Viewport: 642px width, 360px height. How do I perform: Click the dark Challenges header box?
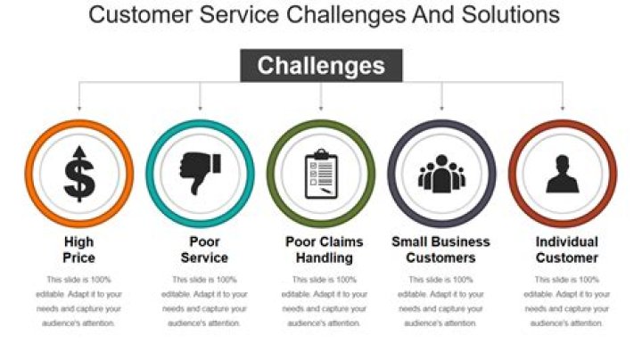[x=321, y=66]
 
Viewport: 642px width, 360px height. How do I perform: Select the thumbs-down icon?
[x=200, y=172]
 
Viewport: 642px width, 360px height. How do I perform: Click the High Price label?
[x=79, y=250]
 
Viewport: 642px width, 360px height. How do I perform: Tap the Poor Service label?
[x=200, y=250]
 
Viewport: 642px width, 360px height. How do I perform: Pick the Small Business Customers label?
[x=441, y=250]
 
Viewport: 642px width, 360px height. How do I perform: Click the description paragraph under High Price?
[x=79, y=301]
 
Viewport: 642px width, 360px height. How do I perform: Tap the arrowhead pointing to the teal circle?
[x=200, y=108]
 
